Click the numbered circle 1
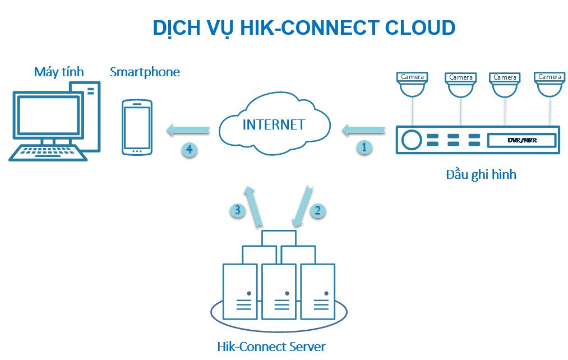[x=364, y=148]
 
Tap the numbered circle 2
[x=317, y=210]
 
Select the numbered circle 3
[x=238, y=210]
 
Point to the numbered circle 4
[x=190, y=149]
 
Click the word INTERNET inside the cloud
[x=274, y=124]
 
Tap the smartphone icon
[x=137, y=127]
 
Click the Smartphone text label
[x=145, y=72]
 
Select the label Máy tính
[x=59, y=72]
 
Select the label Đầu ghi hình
[x=481, y=174]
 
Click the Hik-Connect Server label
[x=271, y=346]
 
